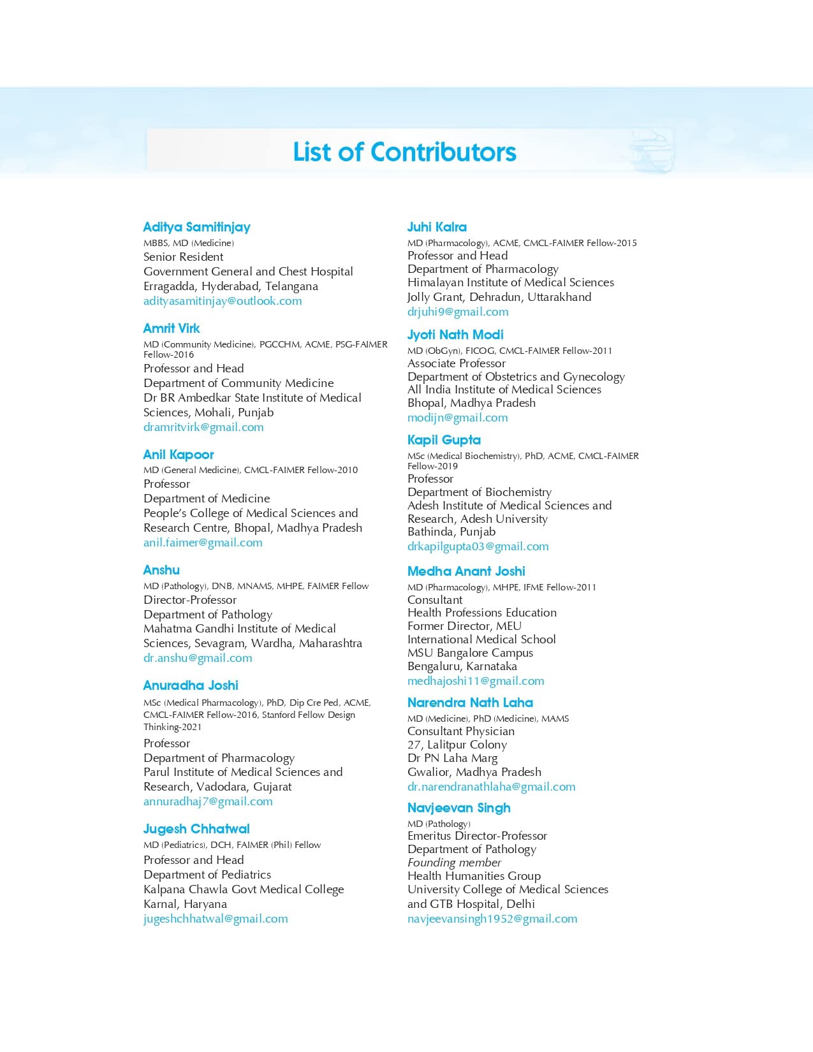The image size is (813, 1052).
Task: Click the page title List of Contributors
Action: pyautogui.click(x=404, y=152)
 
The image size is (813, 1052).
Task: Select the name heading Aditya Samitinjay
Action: pyautogui.click(x=196, y=227)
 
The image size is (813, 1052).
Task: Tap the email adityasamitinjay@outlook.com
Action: pyautogui.click(x=223, y=301)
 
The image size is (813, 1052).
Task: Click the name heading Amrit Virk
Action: pyautogui.click(x=172, y=328)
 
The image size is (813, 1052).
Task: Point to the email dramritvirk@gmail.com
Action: pyautogui.click(x=203, y=427)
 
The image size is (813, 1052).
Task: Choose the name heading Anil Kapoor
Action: pyautogui.click(x=179, y=455)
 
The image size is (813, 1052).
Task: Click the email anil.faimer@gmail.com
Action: pyautogui.click(x=203, y=543)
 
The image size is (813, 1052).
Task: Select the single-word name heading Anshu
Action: pyautogui.click(x=161, y=570)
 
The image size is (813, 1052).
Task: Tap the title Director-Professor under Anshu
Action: pyautogui.click(x=190, y=600)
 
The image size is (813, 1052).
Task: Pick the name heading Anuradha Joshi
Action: pyautogui.click(x=191, y=685)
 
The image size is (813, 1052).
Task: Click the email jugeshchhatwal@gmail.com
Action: pyautogui.click(x=216, y=919)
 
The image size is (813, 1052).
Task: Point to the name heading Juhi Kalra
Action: pyautogui.click(x=437, y=227)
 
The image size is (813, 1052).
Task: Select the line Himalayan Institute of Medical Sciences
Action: pyautogui.click(x=511, y=282)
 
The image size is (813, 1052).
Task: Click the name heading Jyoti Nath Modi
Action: pyautogui.click(x=455, y=335)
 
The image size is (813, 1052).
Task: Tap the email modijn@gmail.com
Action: pyautogui.click(x=458, y=418)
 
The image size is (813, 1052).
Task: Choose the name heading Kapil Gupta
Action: pyautogui.click(x=444, y=440)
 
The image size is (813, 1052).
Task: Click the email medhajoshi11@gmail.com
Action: pyautogui.click(x=476, y=681)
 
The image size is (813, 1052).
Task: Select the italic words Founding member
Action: pyautogui.click(x=454, y=863)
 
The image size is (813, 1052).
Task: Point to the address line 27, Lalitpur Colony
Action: pyautogui.click(x=457, y=745)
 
